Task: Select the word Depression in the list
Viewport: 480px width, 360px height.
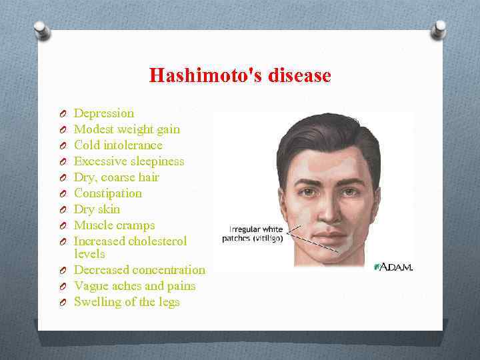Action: [x=103, y=113]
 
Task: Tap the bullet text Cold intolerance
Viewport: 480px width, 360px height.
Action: [x=118, y=145]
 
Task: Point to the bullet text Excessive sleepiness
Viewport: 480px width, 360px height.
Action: [x=129, y=161]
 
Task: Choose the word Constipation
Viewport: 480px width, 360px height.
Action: [x=107, y=193]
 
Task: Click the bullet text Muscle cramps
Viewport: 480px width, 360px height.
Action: [x=114, y=225]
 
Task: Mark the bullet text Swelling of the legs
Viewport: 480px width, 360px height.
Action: [x=127, y=302]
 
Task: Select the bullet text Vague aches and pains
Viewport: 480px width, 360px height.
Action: [x=135, y=286]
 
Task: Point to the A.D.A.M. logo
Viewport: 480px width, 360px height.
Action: [x=394, y=267]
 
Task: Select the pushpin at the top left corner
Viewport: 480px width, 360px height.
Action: [x=41, y=29]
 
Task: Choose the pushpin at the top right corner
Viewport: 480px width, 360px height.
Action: [x=438, y=28]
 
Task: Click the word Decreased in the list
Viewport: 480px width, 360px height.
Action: [x=102, y=270]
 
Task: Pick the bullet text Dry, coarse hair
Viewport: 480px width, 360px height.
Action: [x=117, y=177]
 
